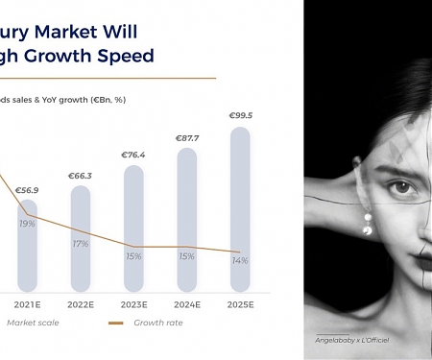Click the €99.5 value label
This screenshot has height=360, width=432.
tap(241, 116)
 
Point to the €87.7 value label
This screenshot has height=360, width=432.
tap(187, 138)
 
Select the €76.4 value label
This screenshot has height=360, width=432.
tap(133, 155)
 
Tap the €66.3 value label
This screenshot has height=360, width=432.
tap(81, 176)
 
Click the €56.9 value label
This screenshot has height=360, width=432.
tap(27, 190)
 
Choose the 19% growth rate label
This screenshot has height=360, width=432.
tap(27, 224)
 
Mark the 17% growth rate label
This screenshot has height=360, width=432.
tap(81, 244)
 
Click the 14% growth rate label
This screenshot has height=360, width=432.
tap(241, 261)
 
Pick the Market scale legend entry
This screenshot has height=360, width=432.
tap(35, 323)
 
